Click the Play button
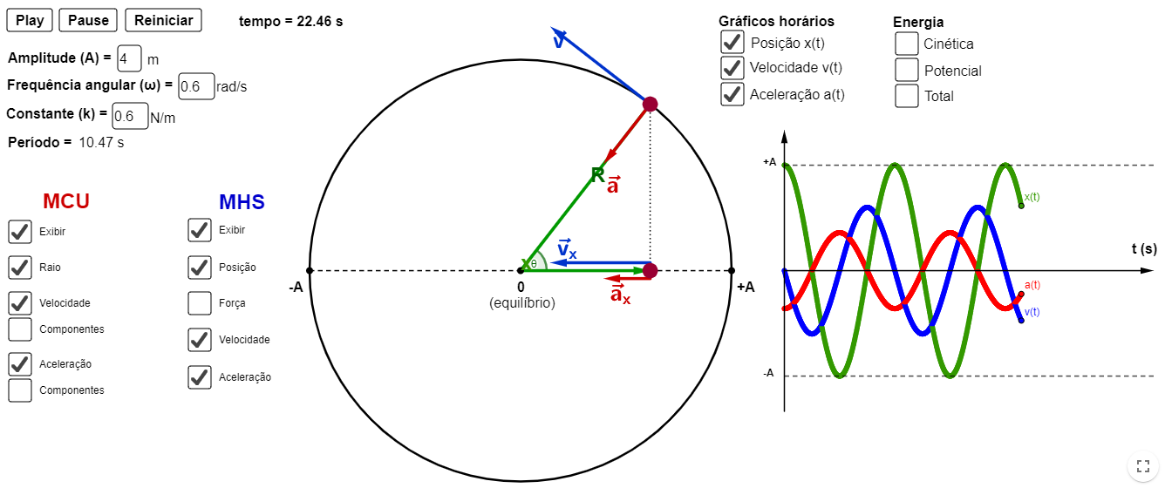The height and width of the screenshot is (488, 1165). point(30,20)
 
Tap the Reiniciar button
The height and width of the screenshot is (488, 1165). point(163,20)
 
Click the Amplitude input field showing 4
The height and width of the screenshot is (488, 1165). point(129,58)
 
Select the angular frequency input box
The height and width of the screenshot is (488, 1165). point(196,86)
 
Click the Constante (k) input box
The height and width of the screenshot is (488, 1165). point(130,116)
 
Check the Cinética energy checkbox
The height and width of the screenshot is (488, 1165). point(907,44)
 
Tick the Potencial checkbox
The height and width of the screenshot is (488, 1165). point(907,70)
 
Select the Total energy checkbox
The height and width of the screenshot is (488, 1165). point(907,96)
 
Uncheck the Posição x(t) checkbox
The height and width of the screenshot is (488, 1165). point(732,42)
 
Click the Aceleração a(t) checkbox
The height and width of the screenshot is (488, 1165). point(732,94)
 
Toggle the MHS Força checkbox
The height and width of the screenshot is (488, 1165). point(200,303)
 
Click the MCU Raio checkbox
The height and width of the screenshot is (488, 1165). point(20,268)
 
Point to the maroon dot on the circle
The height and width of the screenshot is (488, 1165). point(650,104)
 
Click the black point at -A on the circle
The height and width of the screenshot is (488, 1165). point(310,270)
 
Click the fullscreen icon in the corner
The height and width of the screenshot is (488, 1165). point(1143,466)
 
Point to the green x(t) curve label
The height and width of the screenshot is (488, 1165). point(1032,197)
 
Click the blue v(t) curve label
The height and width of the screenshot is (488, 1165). point(1032,312)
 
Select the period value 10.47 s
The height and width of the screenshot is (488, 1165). point(101,142)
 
